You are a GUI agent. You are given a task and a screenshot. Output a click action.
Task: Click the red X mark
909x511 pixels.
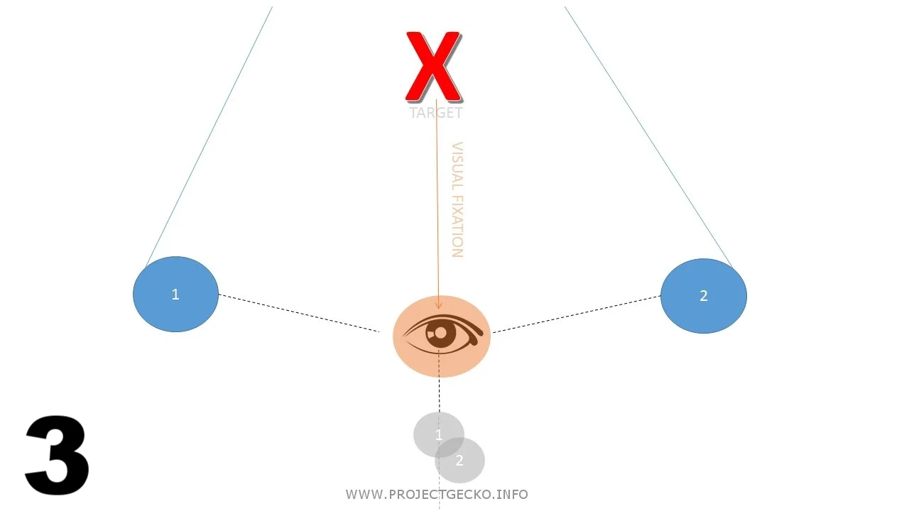pos(433,67)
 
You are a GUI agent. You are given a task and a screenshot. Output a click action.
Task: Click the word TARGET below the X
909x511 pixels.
pos(436,113)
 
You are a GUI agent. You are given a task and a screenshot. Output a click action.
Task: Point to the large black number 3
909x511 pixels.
pos(57,456)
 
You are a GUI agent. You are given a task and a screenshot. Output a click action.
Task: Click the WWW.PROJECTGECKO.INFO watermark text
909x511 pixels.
pos(437,495)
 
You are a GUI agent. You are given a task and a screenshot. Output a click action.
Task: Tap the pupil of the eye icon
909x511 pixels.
pos(440,332)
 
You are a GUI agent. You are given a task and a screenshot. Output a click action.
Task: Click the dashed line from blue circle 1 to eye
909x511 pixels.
pos(298,312)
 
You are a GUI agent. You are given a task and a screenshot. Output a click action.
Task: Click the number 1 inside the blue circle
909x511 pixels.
pos(175,295)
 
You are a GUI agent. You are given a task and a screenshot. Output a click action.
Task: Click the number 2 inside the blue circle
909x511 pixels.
pos(704,296)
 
